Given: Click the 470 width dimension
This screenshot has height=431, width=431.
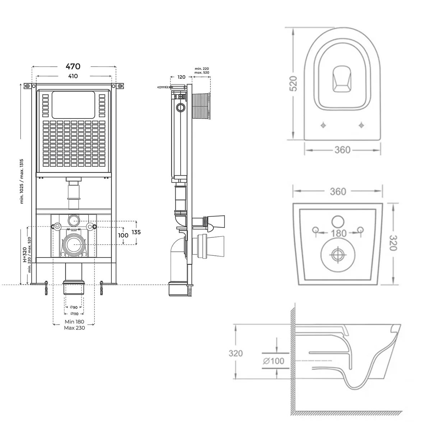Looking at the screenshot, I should [73, 66].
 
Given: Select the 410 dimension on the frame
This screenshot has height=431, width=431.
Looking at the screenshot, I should [73, 76].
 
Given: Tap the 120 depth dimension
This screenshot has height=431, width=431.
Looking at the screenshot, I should [181, 77].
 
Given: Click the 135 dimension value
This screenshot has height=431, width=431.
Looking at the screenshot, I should [136, 232].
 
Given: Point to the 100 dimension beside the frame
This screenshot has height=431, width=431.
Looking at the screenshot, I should [123, 235].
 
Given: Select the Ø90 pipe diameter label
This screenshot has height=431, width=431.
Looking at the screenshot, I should [74, 307].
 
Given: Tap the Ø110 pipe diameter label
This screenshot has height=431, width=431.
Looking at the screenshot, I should [74, 314].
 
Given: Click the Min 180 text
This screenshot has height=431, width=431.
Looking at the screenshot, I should [74, 322].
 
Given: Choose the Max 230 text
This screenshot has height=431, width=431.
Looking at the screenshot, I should [74, 328].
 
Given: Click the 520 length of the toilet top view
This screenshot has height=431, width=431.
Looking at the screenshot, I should [293, 84].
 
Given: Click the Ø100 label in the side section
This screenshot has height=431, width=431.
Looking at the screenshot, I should [273, 360].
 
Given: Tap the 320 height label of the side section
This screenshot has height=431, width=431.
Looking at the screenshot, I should [236, 353].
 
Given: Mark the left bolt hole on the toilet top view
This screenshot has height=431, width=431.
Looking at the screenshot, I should [324, 125].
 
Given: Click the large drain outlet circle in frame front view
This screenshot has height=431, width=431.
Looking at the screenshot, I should [74, 244].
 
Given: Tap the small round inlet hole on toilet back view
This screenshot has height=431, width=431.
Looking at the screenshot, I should [337, 221].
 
